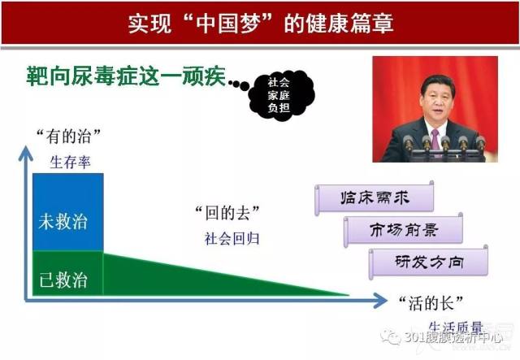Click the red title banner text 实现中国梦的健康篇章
click(261, 24)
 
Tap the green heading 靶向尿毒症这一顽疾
click(126, 76)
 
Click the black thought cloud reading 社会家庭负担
click(280, 95)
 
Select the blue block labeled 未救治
click(68, 212)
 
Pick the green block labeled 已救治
click(68, 273)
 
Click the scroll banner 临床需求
click(375, 198)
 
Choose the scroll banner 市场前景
click(403, 230)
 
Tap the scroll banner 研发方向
click(428, 262)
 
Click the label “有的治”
click(68, 137)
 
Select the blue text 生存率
click(70, 163)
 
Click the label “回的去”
click(227, 213)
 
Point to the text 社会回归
click(232, 239)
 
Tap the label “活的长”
click(431, 303)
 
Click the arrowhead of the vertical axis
click(25, 154)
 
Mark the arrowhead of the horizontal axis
click(379, 301)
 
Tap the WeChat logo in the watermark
click(391, 337)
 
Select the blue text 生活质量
click(456, 327)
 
